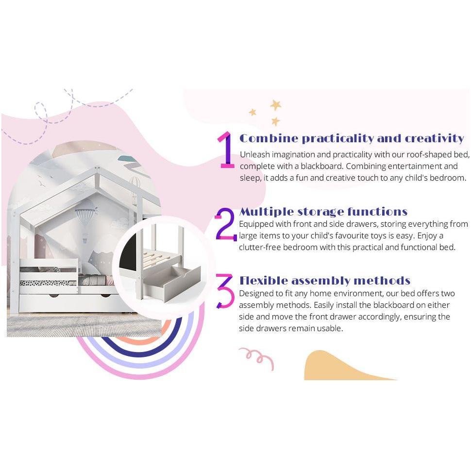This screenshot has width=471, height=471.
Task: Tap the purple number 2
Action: (226, 224)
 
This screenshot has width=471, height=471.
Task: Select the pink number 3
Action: (225, 291)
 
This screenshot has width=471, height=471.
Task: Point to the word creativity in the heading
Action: (435, 138)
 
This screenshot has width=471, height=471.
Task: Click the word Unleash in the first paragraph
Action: (255, 154)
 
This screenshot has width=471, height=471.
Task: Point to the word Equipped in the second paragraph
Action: (255, 224)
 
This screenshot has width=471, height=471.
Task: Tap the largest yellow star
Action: (275, 105)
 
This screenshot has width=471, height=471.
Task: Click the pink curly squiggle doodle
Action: (256, 358)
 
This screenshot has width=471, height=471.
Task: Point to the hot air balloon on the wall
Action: (86, 216)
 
